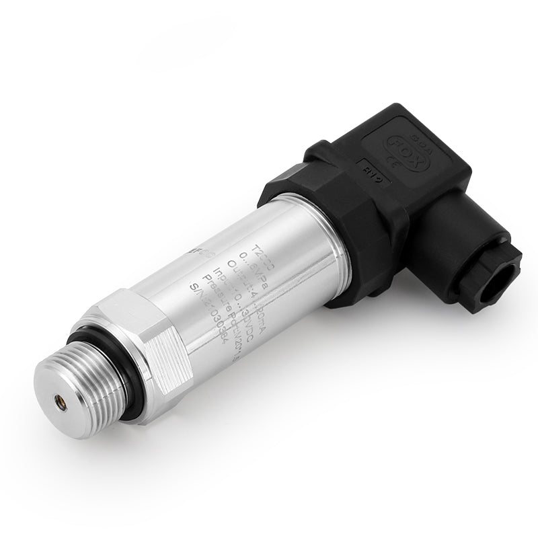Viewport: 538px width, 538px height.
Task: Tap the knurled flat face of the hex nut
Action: coord(161,350)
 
